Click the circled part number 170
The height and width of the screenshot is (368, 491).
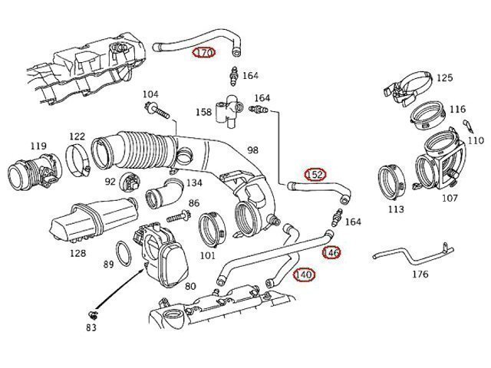(204, 53)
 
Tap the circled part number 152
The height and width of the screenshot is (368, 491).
(315, 175)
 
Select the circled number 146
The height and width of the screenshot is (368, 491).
(331, 252)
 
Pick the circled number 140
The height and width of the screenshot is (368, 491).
(304, 274)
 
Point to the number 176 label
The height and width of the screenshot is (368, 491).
(420, 274)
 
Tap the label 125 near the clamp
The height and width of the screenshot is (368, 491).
(444, 77)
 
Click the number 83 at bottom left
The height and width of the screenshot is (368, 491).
(92, 327)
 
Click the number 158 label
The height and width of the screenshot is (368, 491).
(203, 112)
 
